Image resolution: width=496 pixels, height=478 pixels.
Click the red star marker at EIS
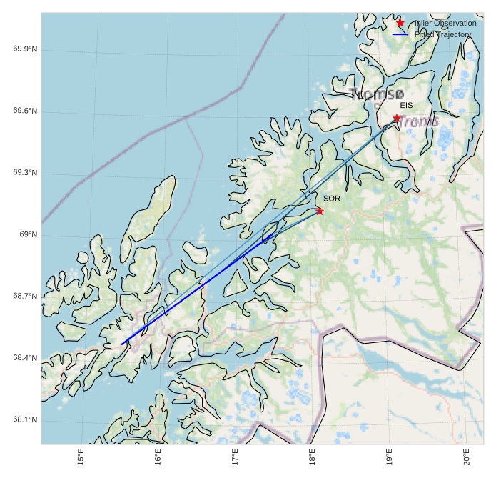tap(397, 118)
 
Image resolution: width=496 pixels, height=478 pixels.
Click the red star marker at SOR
tap(320, 211)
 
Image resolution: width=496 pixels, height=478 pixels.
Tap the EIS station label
tap(406, 106)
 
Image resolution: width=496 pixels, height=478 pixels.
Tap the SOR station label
tap(331, 199)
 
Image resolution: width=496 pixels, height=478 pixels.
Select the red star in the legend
tap(400, 23)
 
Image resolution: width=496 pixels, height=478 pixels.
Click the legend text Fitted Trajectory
tap(442, 34)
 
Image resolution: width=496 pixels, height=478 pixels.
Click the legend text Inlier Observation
tap(445, 24)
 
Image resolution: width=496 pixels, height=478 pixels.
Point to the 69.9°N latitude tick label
tap(25, 49)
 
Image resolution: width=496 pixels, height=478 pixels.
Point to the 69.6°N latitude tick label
tap(25, 111)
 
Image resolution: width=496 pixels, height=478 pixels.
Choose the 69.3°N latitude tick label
tap(25, 174)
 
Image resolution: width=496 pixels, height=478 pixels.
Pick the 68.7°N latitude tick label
tap(25, 297)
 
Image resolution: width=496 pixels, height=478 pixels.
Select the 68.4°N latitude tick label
tap(25, 358)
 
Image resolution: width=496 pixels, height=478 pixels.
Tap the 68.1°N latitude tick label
tap(25, 420)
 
